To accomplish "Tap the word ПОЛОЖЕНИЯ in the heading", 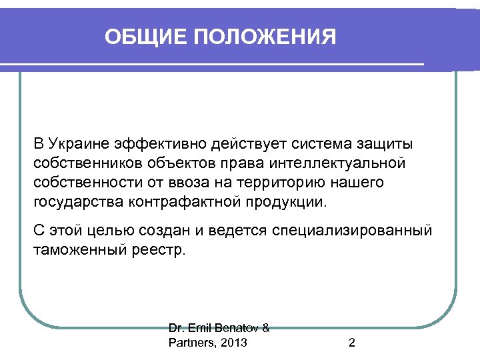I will [x=265, y=36].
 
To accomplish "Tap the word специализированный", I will [x=351, y=230].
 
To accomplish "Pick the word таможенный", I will [x=76, y=249].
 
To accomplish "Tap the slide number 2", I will [x=351, y=343].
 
